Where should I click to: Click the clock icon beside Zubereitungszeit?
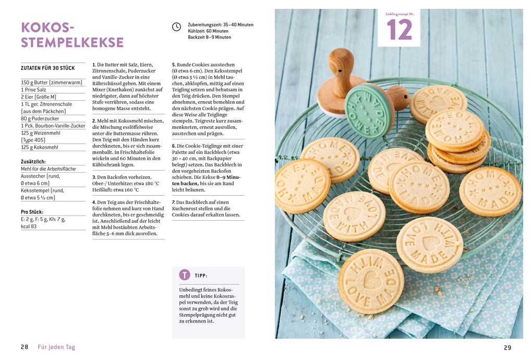[x=177, y=27]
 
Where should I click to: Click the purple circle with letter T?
[x=185, y=275]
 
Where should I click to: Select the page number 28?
[x=25, y=347]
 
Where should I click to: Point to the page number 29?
[x=507, y=347]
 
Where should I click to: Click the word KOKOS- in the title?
[x=48, y=27]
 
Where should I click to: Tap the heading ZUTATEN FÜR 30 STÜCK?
[x=48, y=68]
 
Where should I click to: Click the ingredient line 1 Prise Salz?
[x=33, y=90]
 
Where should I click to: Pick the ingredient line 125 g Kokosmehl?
[x=39, y=148]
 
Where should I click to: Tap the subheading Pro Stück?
[x=32, y=212]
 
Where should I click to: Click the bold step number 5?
[x=174, y=65]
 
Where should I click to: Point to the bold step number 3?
[x=94, y=177]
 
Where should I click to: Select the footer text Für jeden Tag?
[x=56, y=347]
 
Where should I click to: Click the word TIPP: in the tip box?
[x=201, y=275]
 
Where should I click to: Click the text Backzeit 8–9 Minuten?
[x=210, y=38]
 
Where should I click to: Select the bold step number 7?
[x=174, y=202]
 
